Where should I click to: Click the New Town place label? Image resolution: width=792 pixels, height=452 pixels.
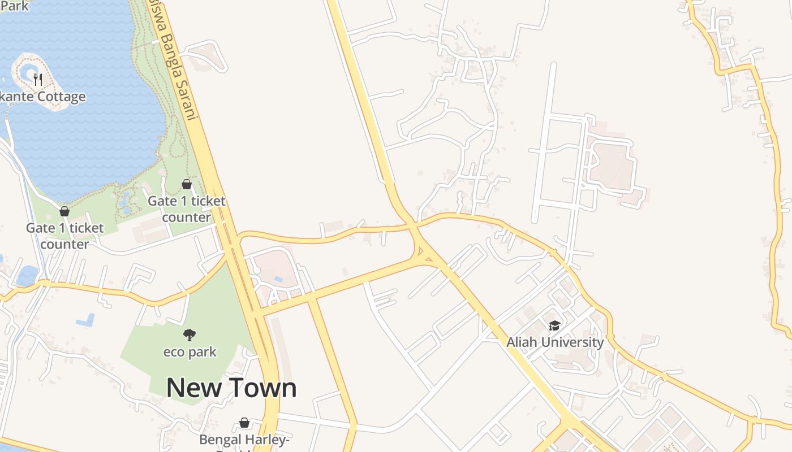[231, 388]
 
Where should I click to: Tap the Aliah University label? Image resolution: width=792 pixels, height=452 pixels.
[555, 342]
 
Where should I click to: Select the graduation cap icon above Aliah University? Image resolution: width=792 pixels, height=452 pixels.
[554, 325]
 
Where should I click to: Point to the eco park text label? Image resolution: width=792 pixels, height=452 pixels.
[190, 352]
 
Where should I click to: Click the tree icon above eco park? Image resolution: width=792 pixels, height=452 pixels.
[190, 334]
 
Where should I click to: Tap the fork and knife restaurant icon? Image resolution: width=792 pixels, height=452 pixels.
[38, 79]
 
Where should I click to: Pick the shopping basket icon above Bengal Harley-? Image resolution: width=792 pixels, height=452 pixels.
[244, 423]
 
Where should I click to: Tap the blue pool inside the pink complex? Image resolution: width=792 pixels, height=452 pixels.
[277, 279]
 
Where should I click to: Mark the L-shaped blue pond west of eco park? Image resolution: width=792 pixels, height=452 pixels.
[85, 320]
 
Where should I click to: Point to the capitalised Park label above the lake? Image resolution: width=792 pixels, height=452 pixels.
[14, 6]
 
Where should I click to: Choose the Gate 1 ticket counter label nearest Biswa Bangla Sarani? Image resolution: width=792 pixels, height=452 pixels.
[187, 208]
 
